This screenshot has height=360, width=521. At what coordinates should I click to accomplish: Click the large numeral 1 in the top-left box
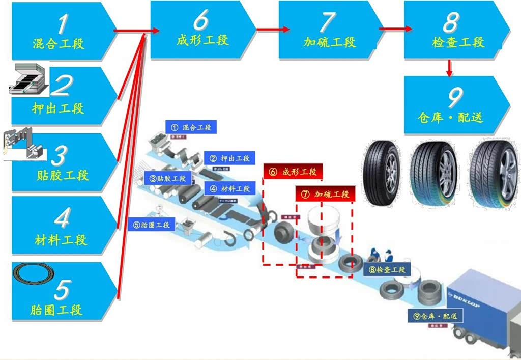coord(62,23)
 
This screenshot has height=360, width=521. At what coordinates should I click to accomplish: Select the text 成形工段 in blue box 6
coord(202,40)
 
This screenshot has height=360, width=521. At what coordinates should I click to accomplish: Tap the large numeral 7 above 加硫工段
coord(328,22)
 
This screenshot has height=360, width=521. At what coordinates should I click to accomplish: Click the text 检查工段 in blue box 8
coord(458,42)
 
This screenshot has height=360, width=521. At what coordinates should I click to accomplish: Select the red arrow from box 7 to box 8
coord(395,29)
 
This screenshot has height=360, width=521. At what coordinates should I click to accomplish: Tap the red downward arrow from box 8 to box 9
coord(449,68)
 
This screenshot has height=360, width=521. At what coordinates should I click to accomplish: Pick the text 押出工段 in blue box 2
coord(58,108)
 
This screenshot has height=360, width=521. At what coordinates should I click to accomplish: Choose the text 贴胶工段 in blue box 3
coord(63,176)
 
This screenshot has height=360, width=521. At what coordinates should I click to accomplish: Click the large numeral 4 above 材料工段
coord(62,217)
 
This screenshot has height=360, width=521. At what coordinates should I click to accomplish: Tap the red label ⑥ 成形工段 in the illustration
coord(293,172)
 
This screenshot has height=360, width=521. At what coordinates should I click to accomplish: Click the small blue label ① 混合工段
coord(191,127)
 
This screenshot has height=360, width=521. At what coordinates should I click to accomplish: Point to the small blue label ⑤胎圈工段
coord(152,225)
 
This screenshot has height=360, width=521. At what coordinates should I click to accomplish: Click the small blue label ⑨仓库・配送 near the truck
coord(436,316)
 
